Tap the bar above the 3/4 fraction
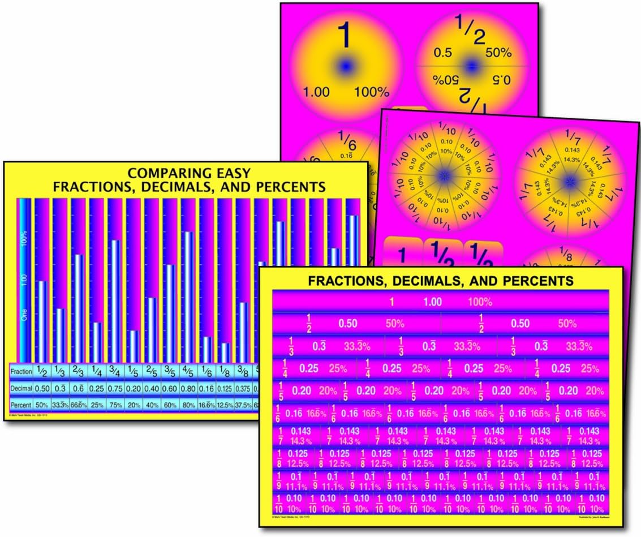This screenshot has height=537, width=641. pyautogui.click(x=115, y=300)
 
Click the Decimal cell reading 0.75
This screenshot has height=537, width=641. pyautogui.click(x=114, y=389)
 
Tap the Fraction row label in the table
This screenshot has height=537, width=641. pyautogui.click(x=21, y=371)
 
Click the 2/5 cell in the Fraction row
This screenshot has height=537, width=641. pyautogui.click(x=151, y=371)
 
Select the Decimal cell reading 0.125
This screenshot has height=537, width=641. pyautogui.click(x=225, y=389)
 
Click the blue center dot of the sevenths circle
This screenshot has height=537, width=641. pyautogui.click(x=569, y=181)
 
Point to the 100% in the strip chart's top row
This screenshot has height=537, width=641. pyautogui.click(x=480, y=302)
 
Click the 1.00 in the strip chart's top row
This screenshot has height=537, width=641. pyautogui.click(x=432, y=302)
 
